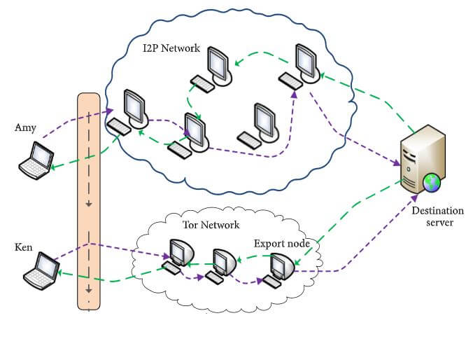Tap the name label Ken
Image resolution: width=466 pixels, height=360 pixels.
pos(24,247)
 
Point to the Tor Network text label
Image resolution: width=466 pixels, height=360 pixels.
pos(211,225)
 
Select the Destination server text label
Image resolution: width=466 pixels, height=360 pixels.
pos(437,216)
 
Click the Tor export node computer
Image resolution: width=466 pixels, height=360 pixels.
pos(281,266)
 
